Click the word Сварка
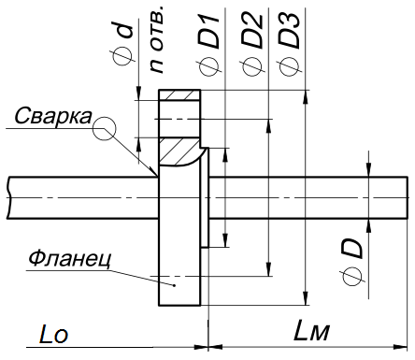(53, 116)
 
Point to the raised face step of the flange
(215, 196)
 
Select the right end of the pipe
(409, 195)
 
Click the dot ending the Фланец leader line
(170, 281)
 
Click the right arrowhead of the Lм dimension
(405, 343)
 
